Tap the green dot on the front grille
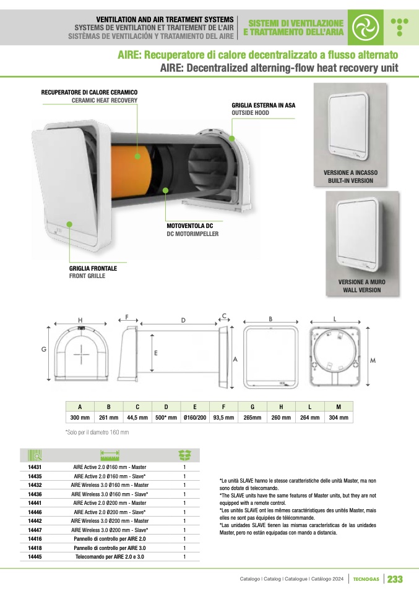pos(69,224)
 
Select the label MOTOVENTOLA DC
pos(190,226)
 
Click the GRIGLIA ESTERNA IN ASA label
pos(264,105)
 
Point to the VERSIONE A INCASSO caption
pos(350,172)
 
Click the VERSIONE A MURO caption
pos(362,282)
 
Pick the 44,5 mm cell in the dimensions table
pos(137,418)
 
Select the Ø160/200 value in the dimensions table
pos(195,418)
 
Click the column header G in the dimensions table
pos(253,407)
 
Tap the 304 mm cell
pos(339,418)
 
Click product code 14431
pos(35,467)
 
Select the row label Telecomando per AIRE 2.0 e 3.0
pos(110,557)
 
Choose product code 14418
pos(35,548)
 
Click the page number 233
pos(395,579)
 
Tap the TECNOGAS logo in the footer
pos(366,579)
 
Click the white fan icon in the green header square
pos(365,27)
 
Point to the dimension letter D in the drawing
pos(183,320)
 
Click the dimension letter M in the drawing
pos(373,360)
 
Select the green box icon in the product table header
pos(185,455)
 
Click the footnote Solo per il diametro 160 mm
pos(97,433)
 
